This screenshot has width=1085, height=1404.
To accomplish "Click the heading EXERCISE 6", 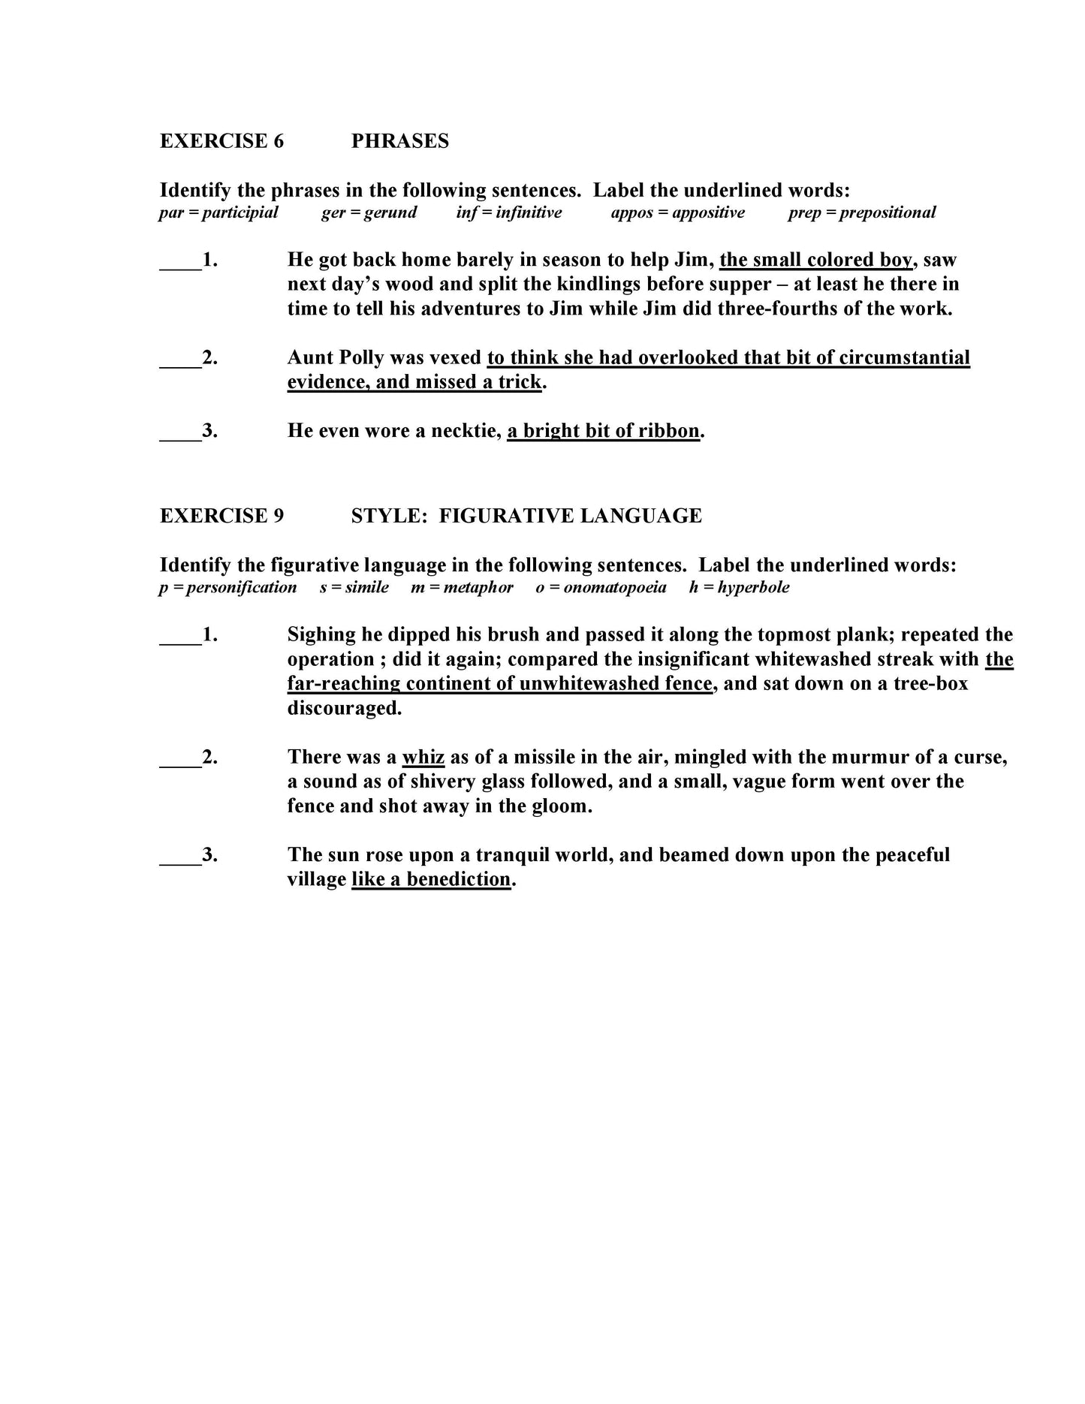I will coord(222,141).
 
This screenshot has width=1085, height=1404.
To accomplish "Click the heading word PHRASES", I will coord(399,141).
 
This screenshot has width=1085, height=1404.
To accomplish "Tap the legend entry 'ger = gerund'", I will coord(369,212).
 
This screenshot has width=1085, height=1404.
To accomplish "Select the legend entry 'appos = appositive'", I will coord(677,212).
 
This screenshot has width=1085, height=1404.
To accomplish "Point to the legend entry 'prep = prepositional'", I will coord(861,212).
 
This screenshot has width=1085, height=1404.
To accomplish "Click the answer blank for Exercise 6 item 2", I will coord(180,359).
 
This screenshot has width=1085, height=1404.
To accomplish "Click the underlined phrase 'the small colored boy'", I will coord(815,260).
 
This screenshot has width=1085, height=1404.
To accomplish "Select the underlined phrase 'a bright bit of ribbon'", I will coord(603,431).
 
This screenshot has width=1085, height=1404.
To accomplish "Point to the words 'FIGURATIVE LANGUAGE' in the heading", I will coord(570,516).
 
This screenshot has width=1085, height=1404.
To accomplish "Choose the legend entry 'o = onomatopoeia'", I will coord(601,587).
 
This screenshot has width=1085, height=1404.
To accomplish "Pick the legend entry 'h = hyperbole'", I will coord(739,587).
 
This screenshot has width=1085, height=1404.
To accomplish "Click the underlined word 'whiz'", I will coord(423,757).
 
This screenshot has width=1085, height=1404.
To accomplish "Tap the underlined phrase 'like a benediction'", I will coord(431,879).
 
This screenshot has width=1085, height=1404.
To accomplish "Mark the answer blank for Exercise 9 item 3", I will coord(180,857).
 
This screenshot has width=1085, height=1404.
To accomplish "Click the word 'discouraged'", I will coord(344,708).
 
